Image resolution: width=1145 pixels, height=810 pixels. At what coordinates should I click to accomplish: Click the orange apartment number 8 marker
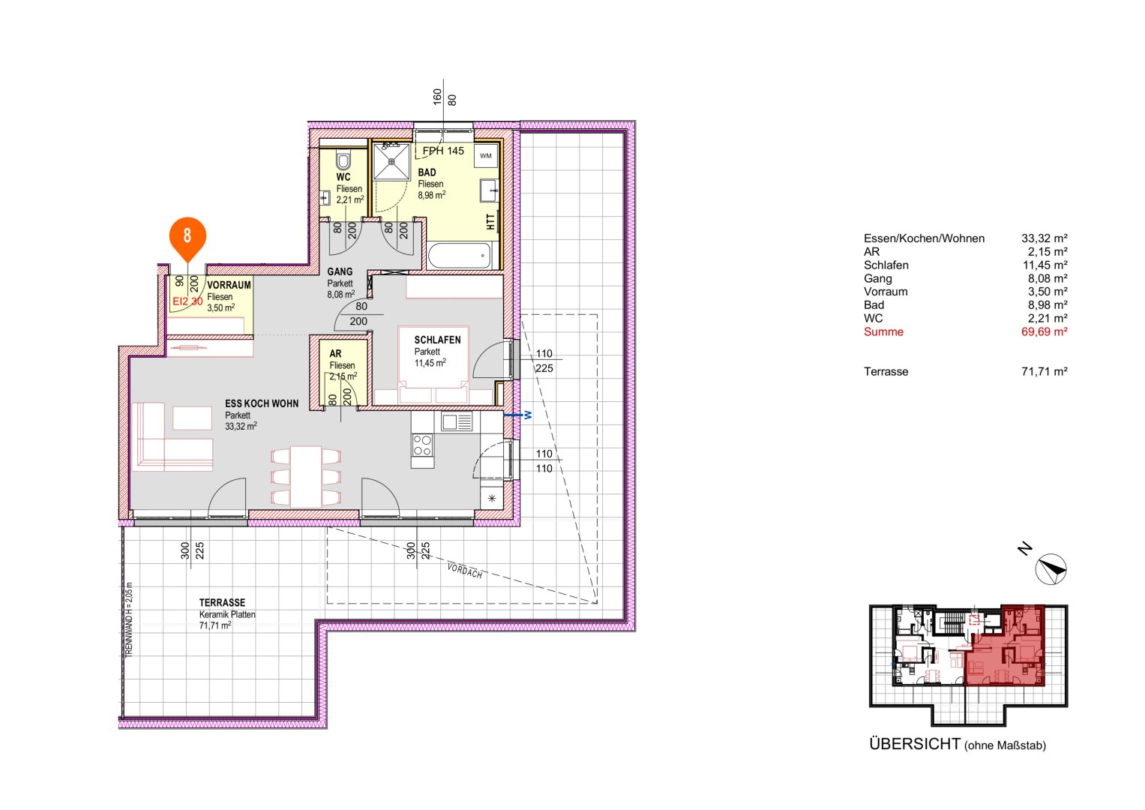(187, 235)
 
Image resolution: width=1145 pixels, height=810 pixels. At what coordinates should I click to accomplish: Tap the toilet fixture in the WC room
(344, 160)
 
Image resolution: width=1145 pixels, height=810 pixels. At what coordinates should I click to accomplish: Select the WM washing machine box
(486, 156)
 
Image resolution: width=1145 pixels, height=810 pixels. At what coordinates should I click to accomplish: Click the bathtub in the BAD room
(459, 256)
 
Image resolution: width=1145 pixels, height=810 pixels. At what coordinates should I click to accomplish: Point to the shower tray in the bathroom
(391, 161)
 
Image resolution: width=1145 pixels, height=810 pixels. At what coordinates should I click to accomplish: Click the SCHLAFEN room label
(437, 340)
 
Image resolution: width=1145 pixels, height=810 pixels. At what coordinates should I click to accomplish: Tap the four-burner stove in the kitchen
(422, 445)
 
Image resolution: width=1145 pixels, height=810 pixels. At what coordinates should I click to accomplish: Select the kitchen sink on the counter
(457, 422)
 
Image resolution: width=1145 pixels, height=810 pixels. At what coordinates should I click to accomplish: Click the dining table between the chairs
(306, 476)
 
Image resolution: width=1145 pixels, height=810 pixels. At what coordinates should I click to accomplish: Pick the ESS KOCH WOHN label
(262, 403)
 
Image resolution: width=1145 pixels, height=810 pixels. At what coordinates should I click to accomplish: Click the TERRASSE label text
(222, 602)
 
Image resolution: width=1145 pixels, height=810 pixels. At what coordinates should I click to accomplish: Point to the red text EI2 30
(187, 301)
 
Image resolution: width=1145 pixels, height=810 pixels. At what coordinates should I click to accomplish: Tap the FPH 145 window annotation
(443, 151)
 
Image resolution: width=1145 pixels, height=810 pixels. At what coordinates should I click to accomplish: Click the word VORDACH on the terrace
(465, 571)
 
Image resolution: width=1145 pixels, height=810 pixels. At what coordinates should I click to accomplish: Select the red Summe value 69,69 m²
(1044, 331)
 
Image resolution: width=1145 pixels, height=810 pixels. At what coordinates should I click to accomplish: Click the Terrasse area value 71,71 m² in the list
(1044, 371)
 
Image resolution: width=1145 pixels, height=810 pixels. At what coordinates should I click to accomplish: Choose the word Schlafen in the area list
(886, 265)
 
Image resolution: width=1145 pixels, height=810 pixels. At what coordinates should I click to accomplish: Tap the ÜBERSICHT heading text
(915, 744)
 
